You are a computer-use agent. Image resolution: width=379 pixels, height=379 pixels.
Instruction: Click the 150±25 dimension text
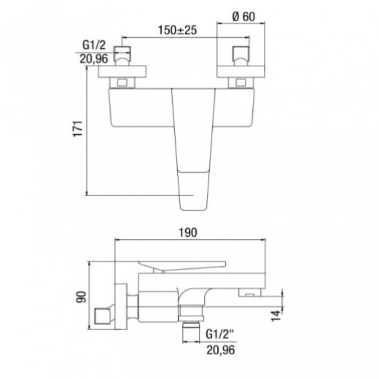[x=176, y=30]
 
